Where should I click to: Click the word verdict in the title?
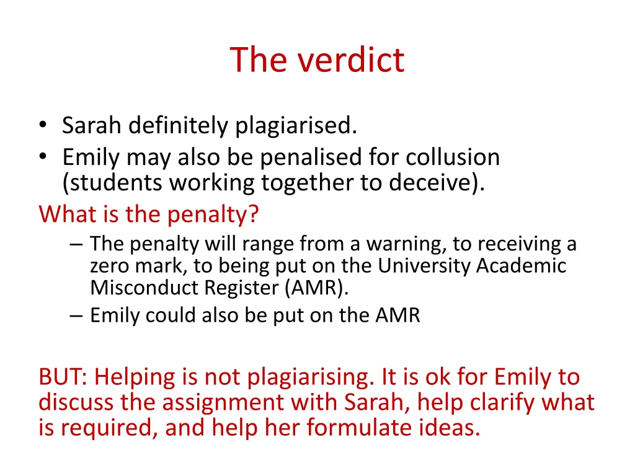point(351,60)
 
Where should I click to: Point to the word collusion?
point(453,157)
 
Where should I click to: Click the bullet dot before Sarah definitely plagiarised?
point(42,126)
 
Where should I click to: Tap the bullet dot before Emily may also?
point(42,158)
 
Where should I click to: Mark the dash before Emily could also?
point(76,316)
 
